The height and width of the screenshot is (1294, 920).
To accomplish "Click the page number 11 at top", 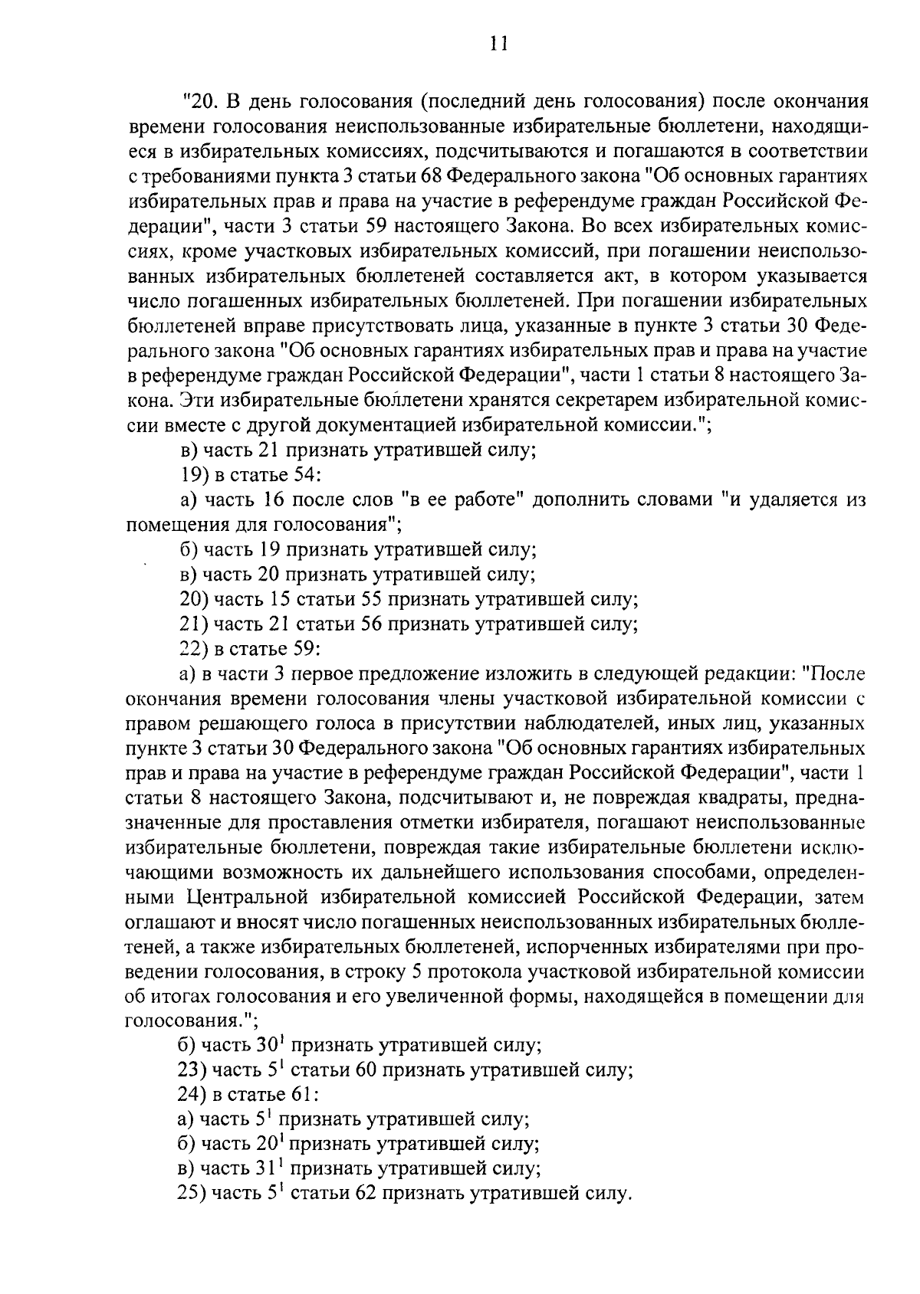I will click(x=498, y=44).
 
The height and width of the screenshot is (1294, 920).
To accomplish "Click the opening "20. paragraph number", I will click(x=200, y=102).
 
